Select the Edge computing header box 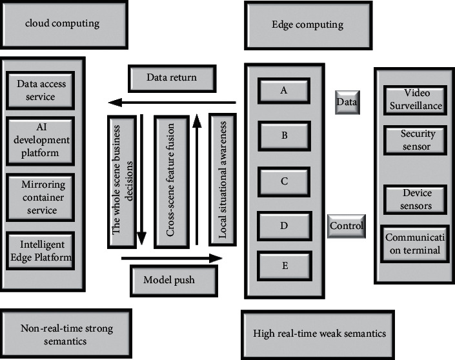click(307, 25)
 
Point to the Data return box click(171, 78)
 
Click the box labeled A click(284, 91)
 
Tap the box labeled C click(284, 181)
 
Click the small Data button click(347, 102)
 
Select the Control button click(347, 226)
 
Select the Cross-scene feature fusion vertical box click(171, 181)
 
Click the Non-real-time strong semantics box click(66, 334)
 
